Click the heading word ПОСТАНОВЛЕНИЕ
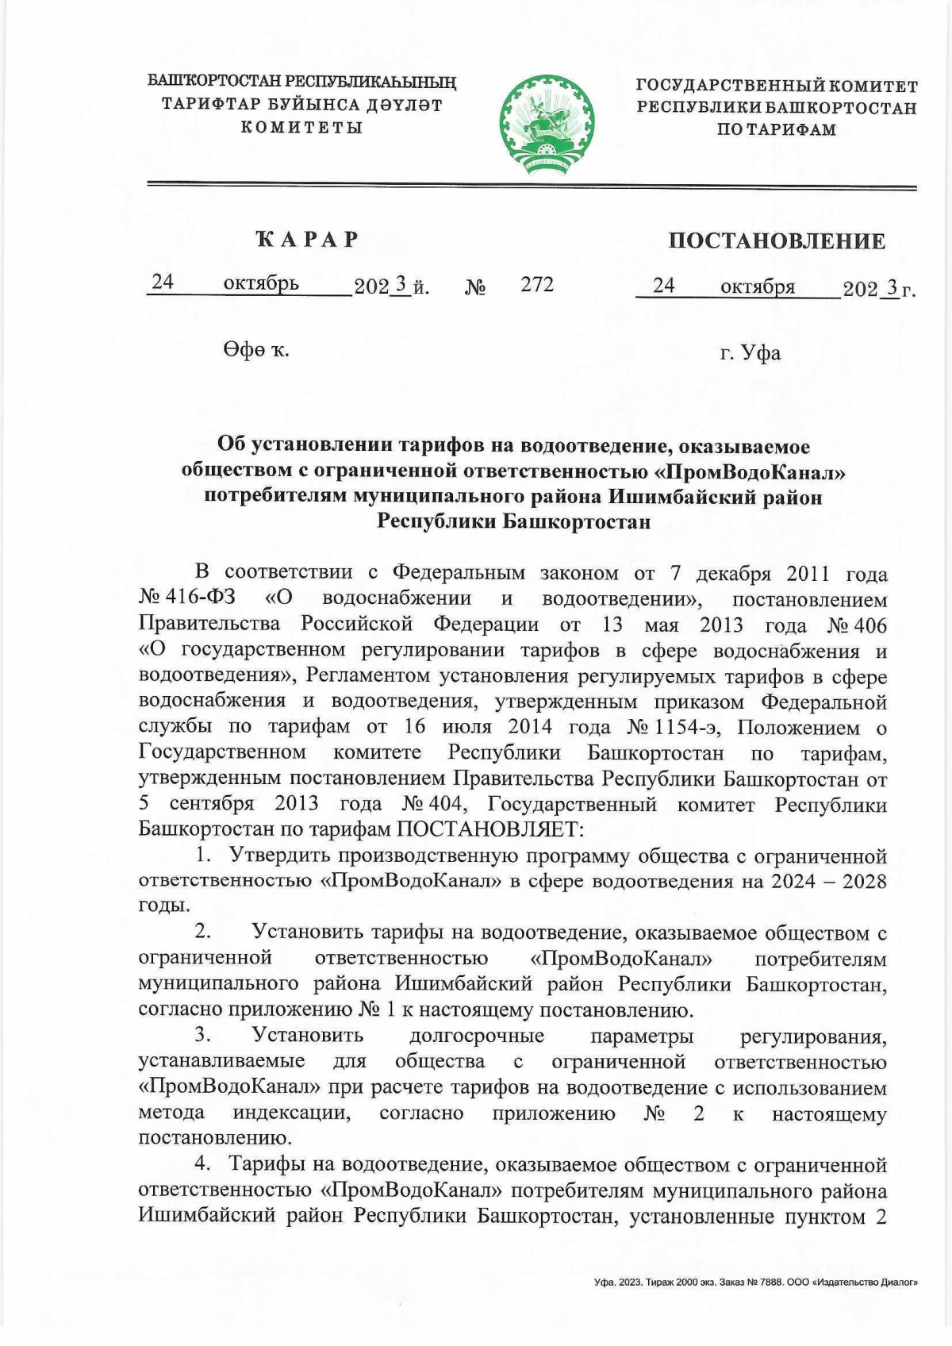coord(776,241)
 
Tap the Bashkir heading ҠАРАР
coord(307,239)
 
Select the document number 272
coord(537,284)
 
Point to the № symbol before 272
coord(475,287)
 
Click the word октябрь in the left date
coord(261,283)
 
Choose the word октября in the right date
coord(757,287)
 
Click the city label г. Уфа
coord(750,352)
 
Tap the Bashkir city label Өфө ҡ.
coord(255,350)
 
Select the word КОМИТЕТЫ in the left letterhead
coord(301,127)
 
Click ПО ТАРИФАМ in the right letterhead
coord(776,129)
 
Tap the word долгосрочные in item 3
coord(477,1036)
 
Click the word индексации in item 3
coord(291,1113)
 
